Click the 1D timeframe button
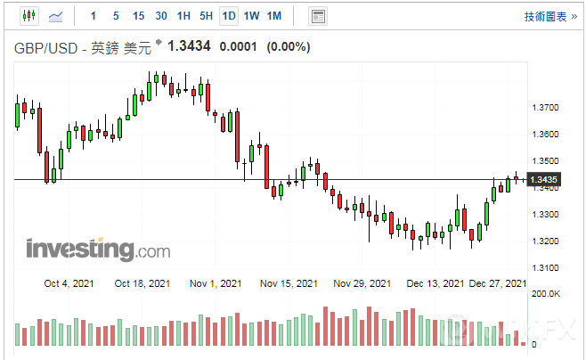[x=229, y=16]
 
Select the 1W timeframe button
[x=251, y=16]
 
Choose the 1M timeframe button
[x=274, y=16]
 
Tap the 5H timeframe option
[x=206, y=16]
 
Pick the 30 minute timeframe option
[x=160, y=16]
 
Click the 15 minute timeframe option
[x=138, y=16]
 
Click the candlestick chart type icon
[x=28, y=16]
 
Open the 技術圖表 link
[x=544, y=16]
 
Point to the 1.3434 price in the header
[x=189, y=45]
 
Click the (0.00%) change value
[x=288, y=46]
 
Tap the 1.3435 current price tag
[x=543, y=180]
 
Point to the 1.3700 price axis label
[x=544, y=108]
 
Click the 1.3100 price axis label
[x=544, y=268]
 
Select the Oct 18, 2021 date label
[x=142, y=283]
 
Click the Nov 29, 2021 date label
[x=362, y=283]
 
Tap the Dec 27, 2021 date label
[x=498, y=283]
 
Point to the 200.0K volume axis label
[x=546, y=293]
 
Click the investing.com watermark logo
[x=98, y=250]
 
